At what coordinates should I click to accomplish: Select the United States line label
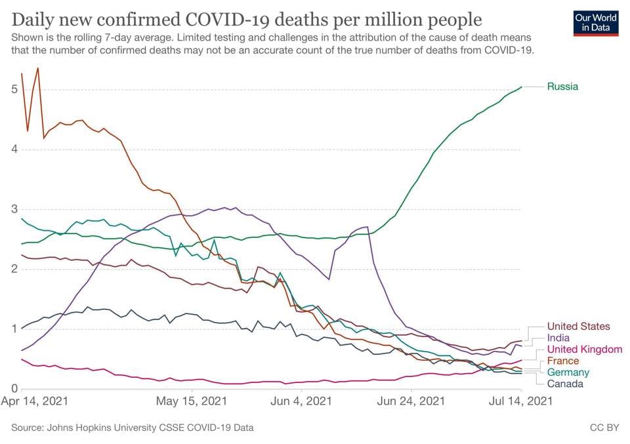click(578, 326)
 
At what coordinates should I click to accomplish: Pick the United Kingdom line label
click(584, 349)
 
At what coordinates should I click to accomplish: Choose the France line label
click(563, 361)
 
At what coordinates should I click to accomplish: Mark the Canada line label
click(564, 384)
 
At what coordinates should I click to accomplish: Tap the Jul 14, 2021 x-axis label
click(521, 400)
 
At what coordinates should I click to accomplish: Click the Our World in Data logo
click(595, 22)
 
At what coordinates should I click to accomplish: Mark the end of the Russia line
click(522, 87)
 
